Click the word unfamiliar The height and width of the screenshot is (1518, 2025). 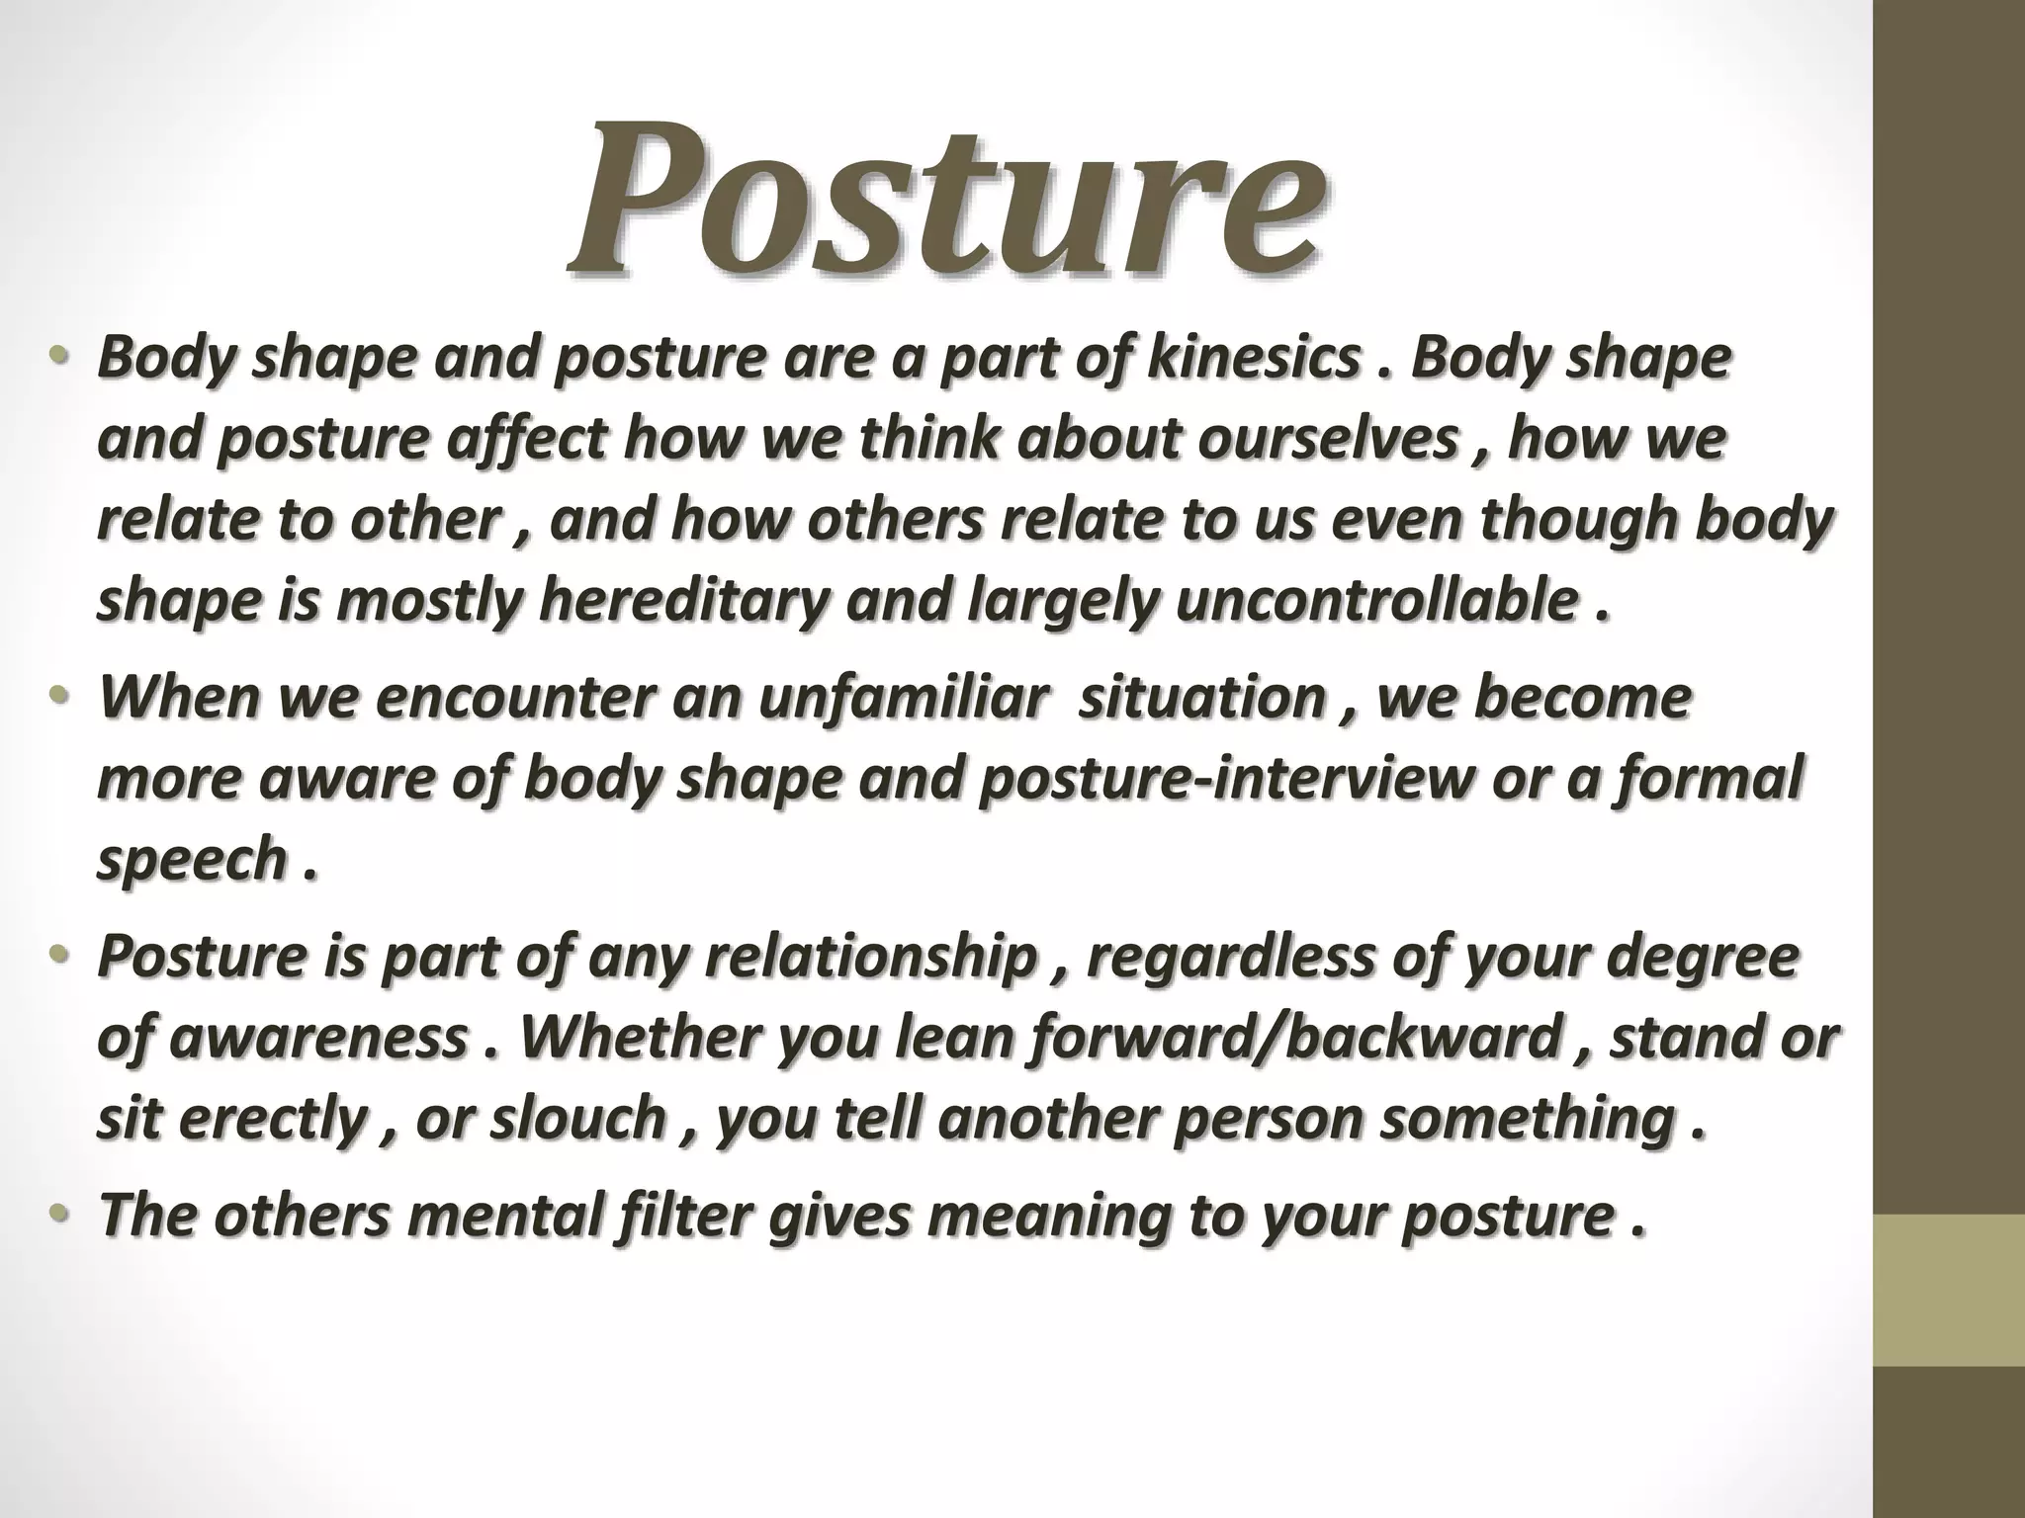[x=902, y=698]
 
